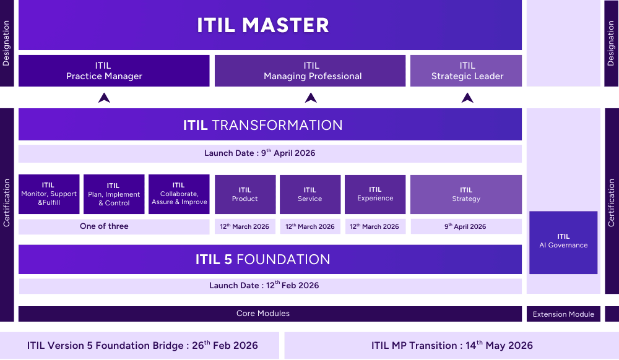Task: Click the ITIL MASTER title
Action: click(x=263, y=25)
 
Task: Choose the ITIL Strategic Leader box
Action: click(x=467, y=71)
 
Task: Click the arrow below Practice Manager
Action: click(x=104, y=97)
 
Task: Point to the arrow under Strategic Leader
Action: click(x=467, y=97)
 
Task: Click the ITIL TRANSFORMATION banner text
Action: click(x=263, y=125)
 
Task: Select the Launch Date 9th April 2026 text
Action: click(x=260, y=153)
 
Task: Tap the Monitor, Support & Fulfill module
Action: click(x=49, y=194)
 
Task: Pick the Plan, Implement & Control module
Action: click(x=114, y=194)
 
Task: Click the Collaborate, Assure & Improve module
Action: click(x=179, y=194)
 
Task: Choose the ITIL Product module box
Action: click(x=245, y=194)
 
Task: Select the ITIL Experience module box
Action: click(x=375, y=194)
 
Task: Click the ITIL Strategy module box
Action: click(x=466, y=194)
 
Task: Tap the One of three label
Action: click(x=104, y=226)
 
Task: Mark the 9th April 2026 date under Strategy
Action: click(x=465, y=226)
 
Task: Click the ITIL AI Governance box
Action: click(x=563, y=241)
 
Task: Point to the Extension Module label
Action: click(x=563, y=314)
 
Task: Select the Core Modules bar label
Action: click(x=263, y=314)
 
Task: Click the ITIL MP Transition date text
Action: click(x=452, y=346)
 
